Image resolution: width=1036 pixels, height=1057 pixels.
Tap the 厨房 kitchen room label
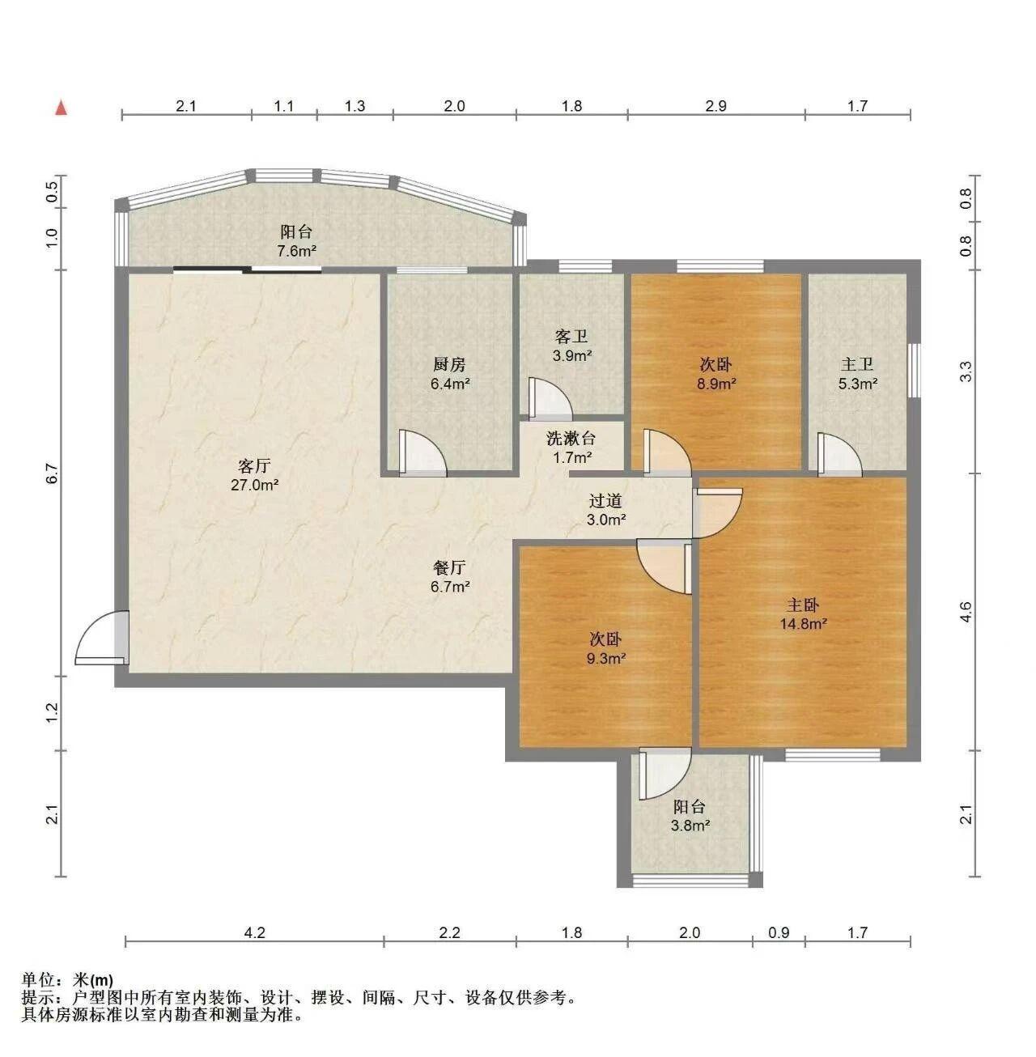(x=449, y=363)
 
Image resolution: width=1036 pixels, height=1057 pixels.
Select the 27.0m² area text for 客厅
(x=255, y=485)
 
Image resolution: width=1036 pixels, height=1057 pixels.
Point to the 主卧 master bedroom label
(x=803, y=605)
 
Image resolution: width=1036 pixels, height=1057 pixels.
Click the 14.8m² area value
(x=804, y=624)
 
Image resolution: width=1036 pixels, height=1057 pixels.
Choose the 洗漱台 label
(x=571, y=439)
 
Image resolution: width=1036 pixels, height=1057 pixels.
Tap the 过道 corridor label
(x=605, y=501)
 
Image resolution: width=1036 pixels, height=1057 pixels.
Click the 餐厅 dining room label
(x=449, y=567)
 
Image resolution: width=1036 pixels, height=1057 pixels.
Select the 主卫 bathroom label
(x=857, y=363)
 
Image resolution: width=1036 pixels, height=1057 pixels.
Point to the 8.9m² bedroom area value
(x=716, y=384)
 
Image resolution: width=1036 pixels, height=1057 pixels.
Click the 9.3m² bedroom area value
(x=605, y=658)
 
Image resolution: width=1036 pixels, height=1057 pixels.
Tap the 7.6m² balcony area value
(x=296, y=251)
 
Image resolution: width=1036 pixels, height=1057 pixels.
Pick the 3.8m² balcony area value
(x=690, y=825)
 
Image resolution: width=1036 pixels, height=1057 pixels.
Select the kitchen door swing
(x=422, y=453)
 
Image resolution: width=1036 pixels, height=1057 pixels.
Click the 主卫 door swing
(x=839, y=453)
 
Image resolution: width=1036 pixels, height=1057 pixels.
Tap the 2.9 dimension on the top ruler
(x=716, y=106)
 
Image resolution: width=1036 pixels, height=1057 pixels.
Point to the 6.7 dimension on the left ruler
(x=52, y=473)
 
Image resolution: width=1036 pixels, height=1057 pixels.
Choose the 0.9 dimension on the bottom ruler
(x=779, y=932)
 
